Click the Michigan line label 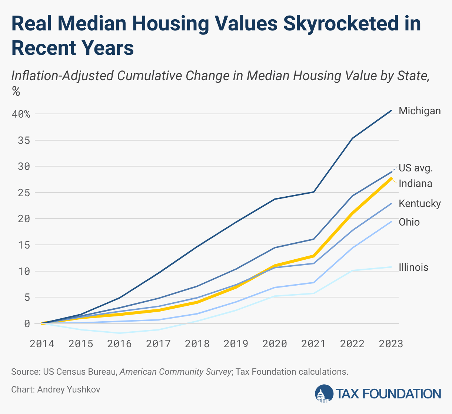420,111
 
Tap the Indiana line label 415,184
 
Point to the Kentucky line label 420,204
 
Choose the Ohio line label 409,222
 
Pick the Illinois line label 413,267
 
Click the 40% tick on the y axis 21,114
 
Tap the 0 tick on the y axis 27,323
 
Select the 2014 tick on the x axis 42,344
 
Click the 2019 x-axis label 236,344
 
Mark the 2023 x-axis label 391,344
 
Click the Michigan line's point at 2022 352,138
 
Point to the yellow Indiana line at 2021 314,256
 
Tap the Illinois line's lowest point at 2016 120,333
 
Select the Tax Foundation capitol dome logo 324,394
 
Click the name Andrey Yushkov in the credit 69,390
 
